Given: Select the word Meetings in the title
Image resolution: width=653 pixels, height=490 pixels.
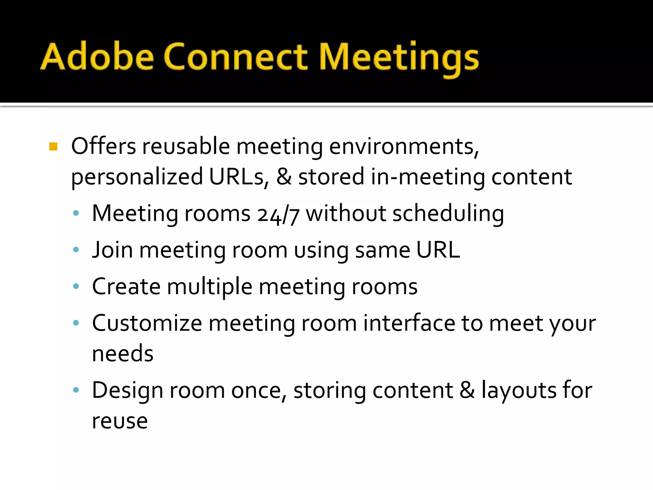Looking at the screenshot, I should point(399,57).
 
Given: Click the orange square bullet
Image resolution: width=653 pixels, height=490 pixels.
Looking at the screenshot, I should point(54,146).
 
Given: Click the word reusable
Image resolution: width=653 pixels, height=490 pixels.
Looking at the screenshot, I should point(186,146).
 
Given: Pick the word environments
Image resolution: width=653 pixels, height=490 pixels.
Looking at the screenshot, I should point(404,146).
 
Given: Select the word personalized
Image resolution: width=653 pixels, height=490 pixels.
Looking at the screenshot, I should point(137,177).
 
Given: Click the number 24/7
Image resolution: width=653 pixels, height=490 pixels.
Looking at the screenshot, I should point(278,214).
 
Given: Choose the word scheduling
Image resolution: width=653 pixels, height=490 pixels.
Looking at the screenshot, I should point(448,214).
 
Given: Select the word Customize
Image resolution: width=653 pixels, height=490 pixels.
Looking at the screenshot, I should point(147,323).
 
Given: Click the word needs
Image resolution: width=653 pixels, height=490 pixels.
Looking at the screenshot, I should point(123,353).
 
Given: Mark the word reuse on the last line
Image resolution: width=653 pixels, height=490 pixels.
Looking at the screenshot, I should point(120,421).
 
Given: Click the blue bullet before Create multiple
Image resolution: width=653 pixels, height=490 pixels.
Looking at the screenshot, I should point(76,286).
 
